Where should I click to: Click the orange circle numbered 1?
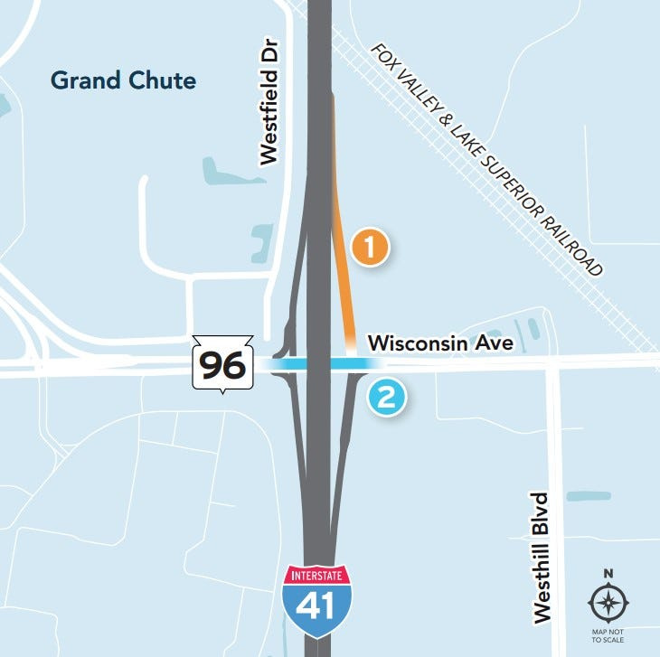coord(370,247)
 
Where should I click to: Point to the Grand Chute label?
coord(123,80)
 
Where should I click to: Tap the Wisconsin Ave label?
coord(440,343)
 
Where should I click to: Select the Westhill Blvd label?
coord(542,557)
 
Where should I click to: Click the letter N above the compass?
coord(608,573)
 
